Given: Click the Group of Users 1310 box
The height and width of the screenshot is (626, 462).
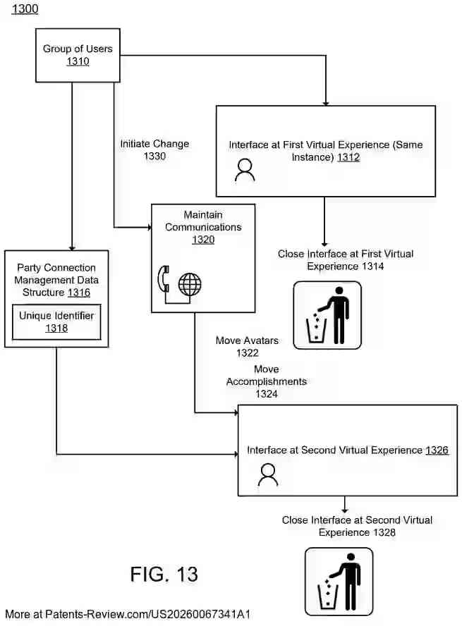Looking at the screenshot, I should [x=78, y=55].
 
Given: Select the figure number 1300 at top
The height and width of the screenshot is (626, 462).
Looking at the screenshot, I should [x=25, y=9].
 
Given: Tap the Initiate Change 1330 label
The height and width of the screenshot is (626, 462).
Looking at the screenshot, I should [x=154, y=149].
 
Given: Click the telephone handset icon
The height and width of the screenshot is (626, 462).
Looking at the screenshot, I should [x=164, y=280].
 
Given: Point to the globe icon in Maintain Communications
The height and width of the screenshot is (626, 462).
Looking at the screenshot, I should [x=190, y=285].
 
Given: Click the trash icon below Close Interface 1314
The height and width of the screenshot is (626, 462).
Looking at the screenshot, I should [x=327, y=315].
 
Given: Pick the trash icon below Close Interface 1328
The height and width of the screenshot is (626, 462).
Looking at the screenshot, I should [x=339, y=582].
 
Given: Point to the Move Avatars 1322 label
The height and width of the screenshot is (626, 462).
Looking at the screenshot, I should [x=247, y=346].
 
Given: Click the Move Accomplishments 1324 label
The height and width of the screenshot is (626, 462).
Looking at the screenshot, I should [x=266, y=381].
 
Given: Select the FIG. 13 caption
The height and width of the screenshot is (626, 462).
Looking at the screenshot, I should [x=164, y=574].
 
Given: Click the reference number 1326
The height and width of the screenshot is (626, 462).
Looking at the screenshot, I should [x=437, y=450].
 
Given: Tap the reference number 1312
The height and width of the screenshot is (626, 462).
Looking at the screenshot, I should [x=348, y=157].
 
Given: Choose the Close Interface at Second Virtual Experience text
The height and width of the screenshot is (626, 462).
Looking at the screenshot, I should [x=357, y=526].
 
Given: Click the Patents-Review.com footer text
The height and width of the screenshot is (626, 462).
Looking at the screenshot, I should [x=128, y=614].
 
